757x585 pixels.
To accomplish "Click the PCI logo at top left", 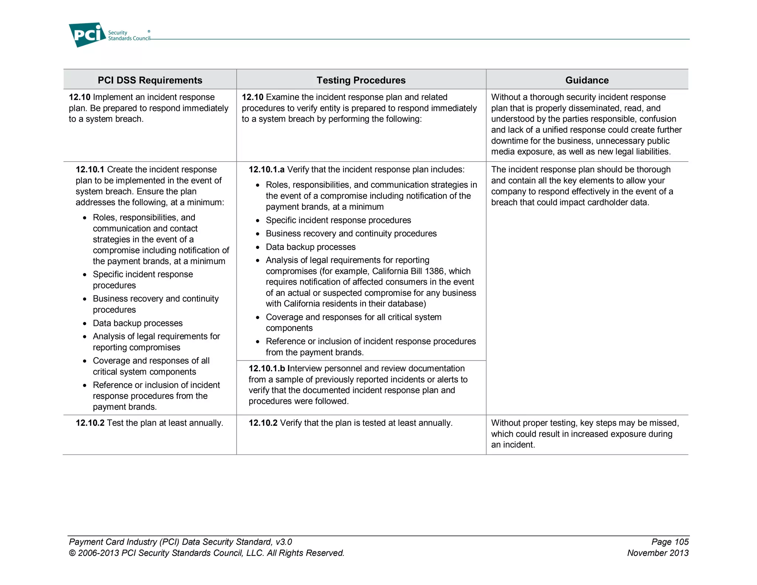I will tap(87, 35).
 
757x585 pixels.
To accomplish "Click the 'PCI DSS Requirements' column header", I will tap(150, 80).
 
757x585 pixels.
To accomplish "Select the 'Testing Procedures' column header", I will tap(361, 80).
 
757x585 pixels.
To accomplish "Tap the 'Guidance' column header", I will tap(587, 80).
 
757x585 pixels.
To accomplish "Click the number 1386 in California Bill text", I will tap(434, 271).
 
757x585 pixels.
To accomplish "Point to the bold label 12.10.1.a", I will tap(266, 170).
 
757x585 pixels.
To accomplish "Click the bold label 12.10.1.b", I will tap(267, 369).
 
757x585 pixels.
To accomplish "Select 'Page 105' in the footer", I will tap(670, 542).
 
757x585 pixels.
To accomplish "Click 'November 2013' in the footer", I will tap(658, 553).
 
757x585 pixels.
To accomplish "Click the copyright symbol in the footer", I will tap(72, 553).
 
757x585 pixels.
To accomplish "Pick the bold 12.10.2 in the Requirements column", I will tap(90, 423).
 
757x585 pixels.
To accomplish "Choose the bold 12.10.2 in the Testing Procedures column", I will tap(263, 423).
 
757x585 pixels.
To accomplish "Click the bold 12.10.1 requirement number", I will tap(90, 170).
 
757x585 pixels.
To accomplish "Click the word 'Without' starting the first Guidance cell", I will tap(505, 97).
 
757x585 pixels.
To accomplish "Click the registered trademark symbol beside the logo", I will tap(149, 31).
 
